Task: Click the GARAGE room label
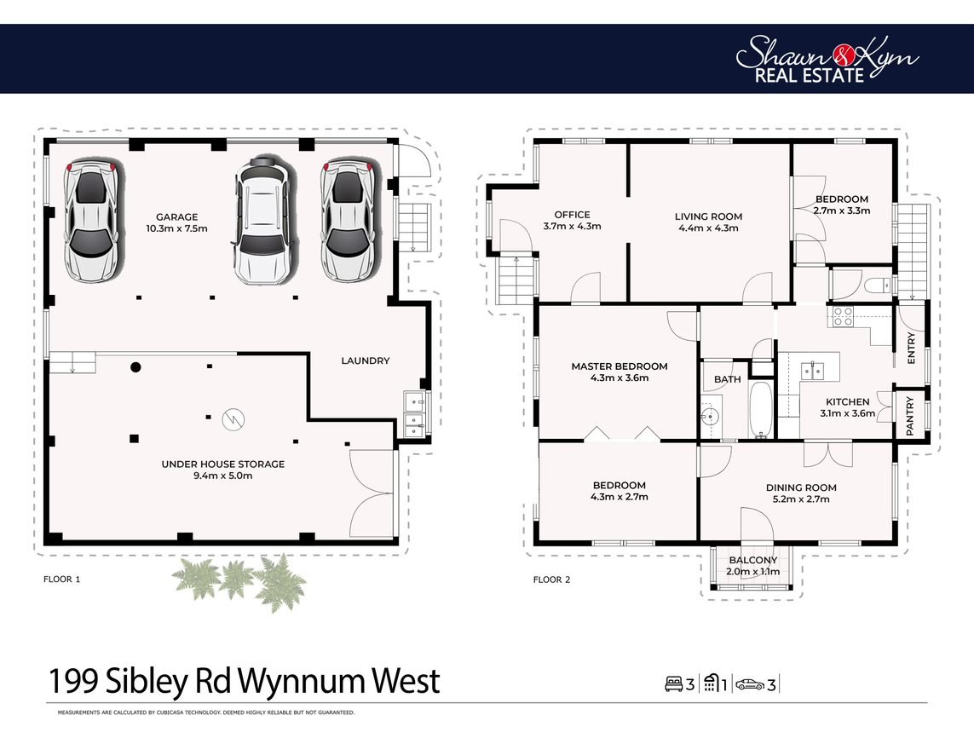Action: pos(177,216)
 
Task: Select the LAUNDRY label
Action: pos(366,360)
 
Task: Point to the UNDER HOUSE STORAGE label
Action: pos(223,464)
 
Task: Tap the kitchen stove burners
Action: pos(843,316)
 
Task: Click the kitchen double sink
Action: pos(812,370)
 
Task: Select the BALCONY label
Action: pos(752,560)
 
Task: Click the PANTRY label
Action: pos(910,416)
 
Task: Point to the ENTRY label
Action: pos(911,348)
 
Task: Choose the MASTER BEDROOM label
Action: pos(620,366)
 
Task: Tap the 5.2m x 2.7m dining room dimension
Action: pos(801,499)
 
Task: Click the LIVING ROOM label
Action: pos(708,216)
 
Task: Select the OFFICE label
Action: pos(572,215)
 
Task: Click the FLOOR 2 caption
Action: pos(551,580)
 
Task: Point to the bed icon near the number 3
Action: pos(674,684)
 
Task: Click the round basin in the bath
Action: pos(709,413)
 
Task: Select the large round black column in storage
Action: pos(135,367)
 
